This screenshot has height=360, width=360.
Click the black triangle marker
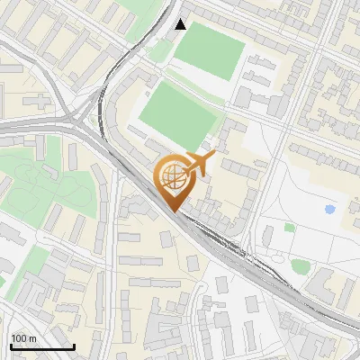tap(181, 24)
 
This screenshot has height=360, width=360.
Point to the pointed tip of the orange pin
tap(173, 211)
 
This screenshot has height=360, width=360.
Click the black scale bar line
tap(41, 347)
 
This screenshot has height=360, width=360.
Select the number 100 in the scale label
tap(19, 339)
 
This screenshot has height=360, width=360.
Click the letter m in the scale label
tap(31, 339)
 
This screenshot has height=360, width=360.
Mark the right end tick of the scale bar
tap(74, 346)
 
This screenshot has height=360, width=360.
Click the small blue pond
tap(329, 209)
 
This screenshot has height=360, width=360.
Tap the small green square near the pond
tap(289, 227)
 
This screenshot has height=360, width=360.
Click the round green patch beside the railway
tap(300, 266)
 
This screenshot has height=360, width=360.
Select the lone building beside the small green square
tap(269, 236)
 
